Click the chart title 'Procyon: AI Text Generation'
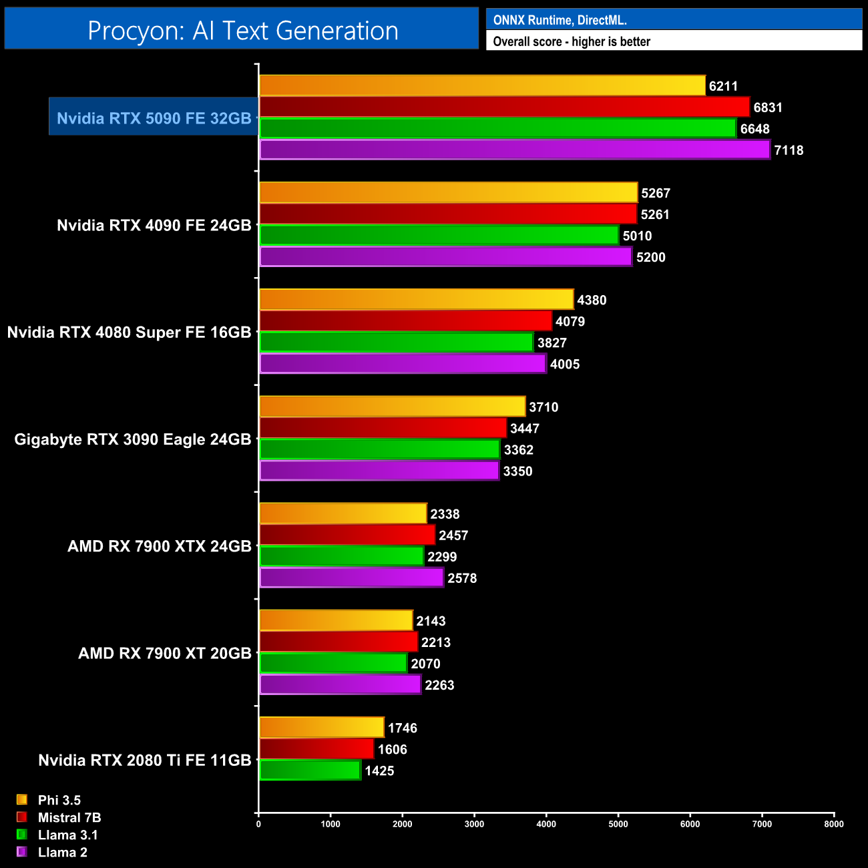pos(242,31)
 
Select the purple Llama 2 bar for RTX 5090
pos(514,150)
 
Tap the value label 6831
pos(767,107)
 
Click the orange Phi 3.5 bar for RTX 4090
pos(448,193)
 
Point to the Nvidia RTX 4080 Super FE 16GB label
pos(129,333)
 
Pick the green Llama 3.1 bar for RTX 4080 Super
pos(396,343)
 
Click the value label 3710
pos(544,407)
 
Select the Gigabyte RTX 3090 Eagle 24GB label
pos(133,439)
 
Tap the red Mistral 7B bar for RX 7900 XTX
pos(347,535)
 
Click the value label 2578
pos(462,578)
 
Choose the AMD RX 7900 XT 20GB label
pos(164,653)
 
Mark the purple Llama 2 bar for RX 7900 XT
pos(340,685)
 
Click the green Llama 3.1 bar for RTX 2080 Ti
pos(310,771)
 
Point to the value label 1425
pos(379,771)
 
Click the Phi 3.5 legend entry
pos(59,800)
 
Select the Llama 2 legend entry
pos(62,852)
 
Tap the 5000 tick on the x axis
pos(618,824)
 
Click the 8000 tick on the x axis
pos(833,824)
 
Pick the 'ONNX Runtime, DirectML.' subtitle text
pos(560,20)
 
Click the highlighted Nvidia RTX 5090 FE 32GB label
pos(154,118)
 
